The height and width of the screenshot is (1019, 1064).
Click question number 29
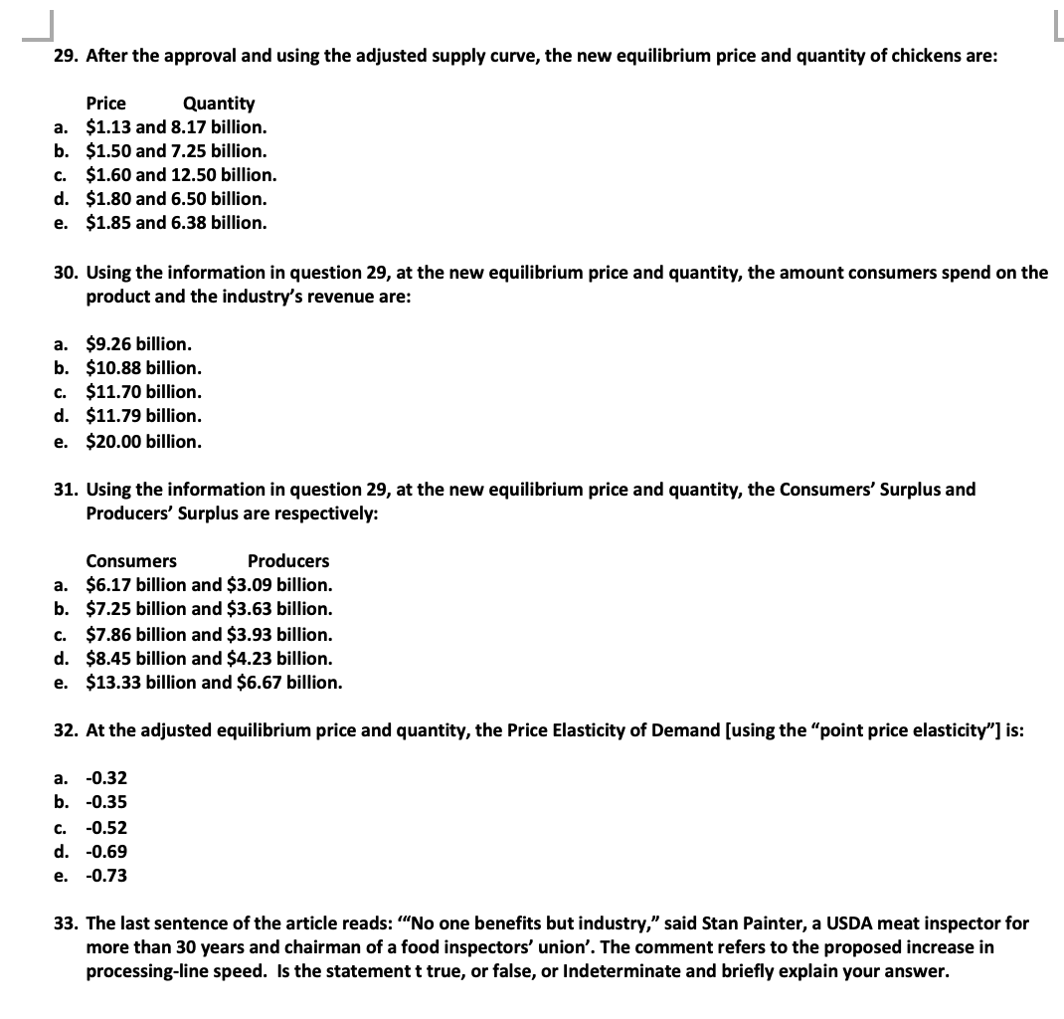[x=66, y=56]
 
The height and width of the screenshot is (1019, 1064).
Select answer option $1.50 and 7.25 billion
[x=176, y=151]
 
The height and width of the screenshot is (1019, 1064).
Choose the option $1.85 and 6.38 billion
[x=176, y=223]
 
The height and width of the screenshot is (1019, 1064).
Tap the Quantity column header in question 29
[x=219, y=103]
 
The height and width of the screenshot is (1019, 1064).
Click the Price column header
[x=106, y=103]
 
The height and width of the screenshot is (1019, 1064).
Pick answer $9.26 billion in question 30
[x=139, y=344]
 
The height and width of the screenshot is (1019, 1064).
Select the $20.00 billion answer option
[x=144, y=440]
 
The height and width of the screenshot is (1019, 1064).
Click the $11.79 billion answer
[x=144, y=416]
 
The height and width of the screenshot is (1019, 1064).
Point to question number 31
[x=66, y=490]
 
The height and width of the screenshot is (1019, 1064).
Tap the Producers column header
[x=288, y=561]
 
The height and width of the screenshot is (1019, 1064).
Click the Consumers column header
[x=131, y=561]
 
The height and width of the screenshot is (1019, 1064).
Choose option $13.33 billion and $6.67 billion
[x=214, y=683]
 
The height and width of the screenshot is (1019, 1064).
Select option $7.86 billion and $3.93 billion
[x=209, y=634]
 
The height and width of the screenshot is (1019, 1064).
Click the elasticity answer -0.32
[x=106, y=778]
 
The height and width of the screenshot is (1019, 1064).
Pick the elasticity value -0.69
[x=106, y=852]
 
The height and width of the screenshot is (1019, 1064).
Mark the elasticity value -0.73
[x=106, y=876]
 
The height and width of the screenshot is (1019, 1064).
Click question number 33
[x=66, y=923]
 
